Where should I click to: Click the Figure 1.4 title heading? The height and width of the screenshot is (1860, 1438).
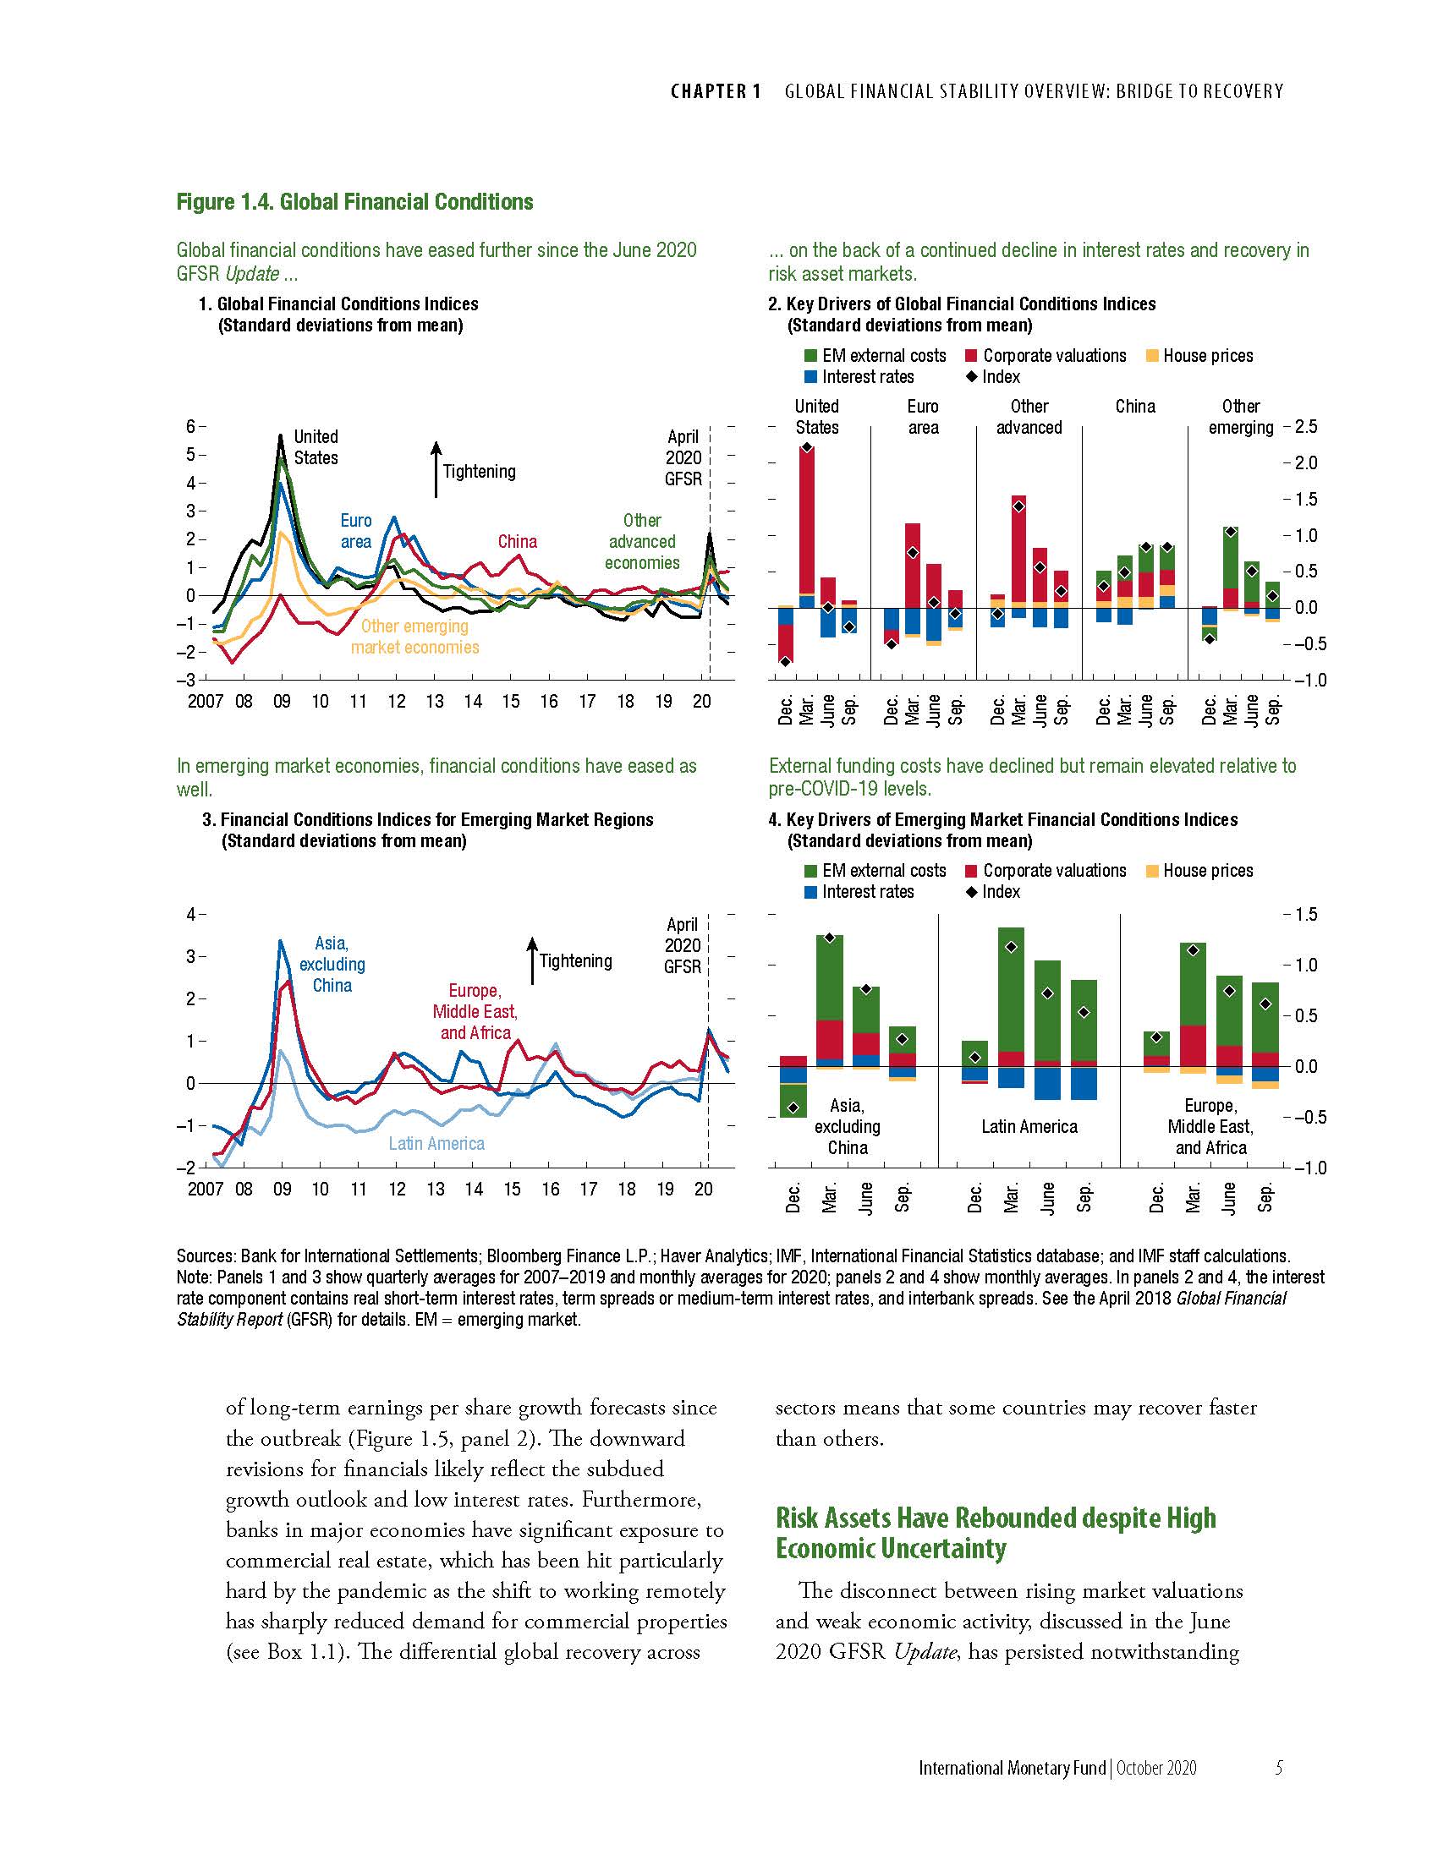[x=354, y=202]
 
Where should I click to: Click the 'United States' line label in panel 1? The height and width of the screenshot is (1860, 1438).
[x=316, y=447]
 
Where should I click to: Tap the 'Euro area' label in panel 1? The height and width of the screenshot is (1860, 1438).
[x=355, y=531]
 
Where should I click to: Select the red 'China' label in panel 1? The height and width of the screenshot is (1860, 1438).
[x=517, y=542]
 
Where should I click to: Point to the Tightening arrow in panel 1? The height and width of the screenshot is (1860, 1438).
[x=436, y=469]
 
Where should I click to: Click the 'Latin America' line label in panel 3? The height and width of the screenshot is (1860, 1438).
[x=436, y=1144]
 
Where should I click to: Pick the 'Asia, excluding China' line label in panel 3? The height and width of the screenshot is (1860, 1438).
[x=332, y=964]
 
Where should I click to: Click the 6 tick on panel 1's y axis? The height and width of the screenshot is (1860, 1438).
[x=191, y=426]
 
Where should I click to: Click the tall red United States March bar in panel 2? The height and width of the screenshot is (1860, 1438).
[x=806, y=519]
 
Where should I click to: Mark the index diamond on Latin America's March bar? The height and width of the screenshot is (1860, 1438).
[x=1011, y=947]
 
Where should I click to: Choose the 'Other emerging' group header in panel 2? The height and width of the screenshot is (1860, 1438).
[x=1240, y=417]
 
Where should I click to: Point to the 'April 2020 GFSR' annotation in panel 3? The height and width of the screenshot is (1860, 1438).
[x=683, y=945]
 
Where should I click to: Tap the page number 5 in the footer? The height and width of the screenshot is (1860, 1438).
[x=1278, y=1768]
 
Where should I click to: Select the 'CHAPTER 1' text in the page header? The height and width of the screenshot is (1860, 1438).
[x=716, y=91]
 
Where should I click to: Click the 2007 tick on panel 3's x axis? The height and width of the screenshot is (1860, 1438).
[x=205, y=1189]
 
